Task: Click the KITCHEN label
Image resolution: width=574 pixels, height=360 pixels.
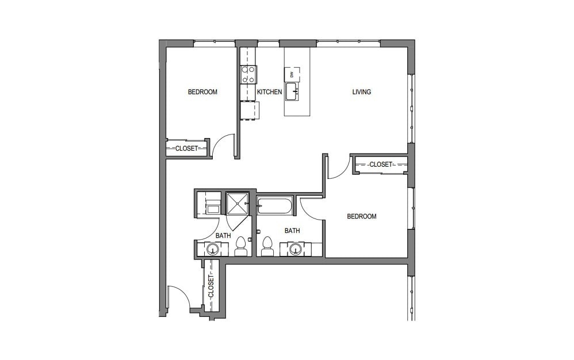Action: click(269, 92)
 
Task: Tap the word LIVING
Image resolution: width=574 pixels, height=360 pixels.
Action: click(362, 92)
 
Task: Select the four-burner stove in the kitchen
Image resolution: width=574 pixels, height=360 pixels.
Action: click(248, 74)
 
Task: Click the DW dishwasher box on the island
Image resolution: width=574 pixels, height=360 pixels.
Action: click(292, 74)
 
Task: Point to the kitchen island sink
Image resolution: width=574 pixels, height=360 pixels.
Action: click(292, 91)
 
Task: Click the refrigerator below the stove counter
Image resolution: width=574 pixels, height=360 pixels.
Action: click(250, 110)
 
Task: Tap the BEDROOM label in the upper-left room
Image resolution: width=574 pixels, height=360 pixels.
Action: click(202, 92)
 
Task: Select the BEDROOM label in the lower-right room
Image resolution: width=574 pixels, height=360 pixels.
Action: click(361, 217)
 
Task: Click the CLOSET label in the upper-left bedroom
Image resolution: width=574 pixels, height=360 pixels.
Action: click(186, 148)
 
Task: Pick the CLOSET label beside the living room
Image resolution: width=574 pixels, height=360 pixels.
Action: click(380, 164)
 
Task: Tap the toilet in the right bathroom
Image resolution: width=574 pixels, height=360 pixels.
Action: click(267, 248)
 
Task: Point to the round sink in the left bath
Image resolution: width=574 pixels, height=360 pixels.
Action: click(212, 250)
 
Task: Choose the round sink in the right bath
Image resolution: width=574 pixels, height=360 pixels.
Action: click(296, 249)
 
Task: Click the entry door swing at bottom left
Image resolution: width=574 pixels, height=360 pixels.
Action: click(177, 298)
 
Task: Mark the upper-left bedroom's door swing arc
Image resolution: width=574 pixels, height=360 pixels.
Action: click(223, 145)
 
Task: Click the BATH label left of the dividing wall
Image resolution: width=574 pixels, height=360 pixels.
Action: click(223, 236)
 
